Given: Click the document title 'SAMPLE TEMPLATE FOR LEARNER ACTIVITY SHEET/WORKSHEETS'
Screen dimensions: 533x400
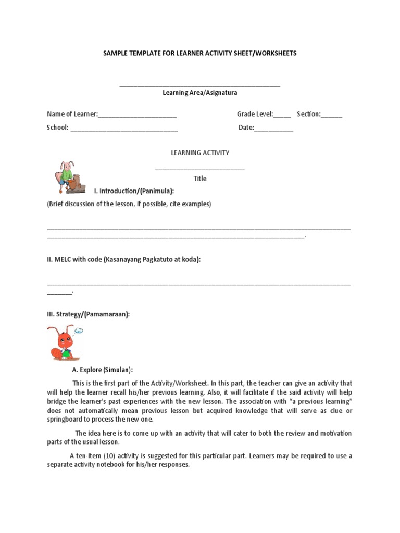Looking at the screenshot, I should (x=200, y=53).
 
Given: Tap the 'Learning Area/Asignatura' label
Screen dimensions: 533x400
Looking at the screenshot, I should (x=200, y=93).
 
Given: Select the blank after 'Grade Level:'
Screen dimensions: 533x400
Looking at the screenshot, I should (x=282, y=115).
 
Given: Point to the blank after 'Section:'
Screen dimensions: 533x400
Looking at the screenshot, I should (x=332, y=115).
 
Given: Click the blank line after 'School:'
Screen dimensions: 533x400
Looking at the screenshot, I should (x=124, y=128).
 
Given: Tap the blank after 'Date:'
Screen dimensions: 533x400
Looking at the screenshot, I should (x=274, y=128).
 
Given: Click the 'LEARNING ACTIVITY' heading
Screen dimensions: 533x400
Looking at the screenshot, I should (x=200, y=153).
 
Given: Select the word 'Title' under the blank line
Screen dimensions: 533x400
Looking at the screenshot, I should (x=200, y=179).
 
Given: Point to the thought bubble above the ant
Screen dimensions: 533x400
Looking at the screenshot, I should (x=79, y=330).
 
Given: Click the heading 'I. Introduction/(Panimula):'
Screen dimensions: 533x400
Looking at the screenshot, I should (x=130, y=192).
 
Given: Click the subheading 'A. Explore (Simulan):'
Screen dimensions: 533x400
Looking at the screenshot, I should (x=102, y=370).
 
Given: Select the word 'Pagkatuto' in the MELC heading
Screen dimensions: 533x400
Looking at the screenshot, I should (x=159, y=259).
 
